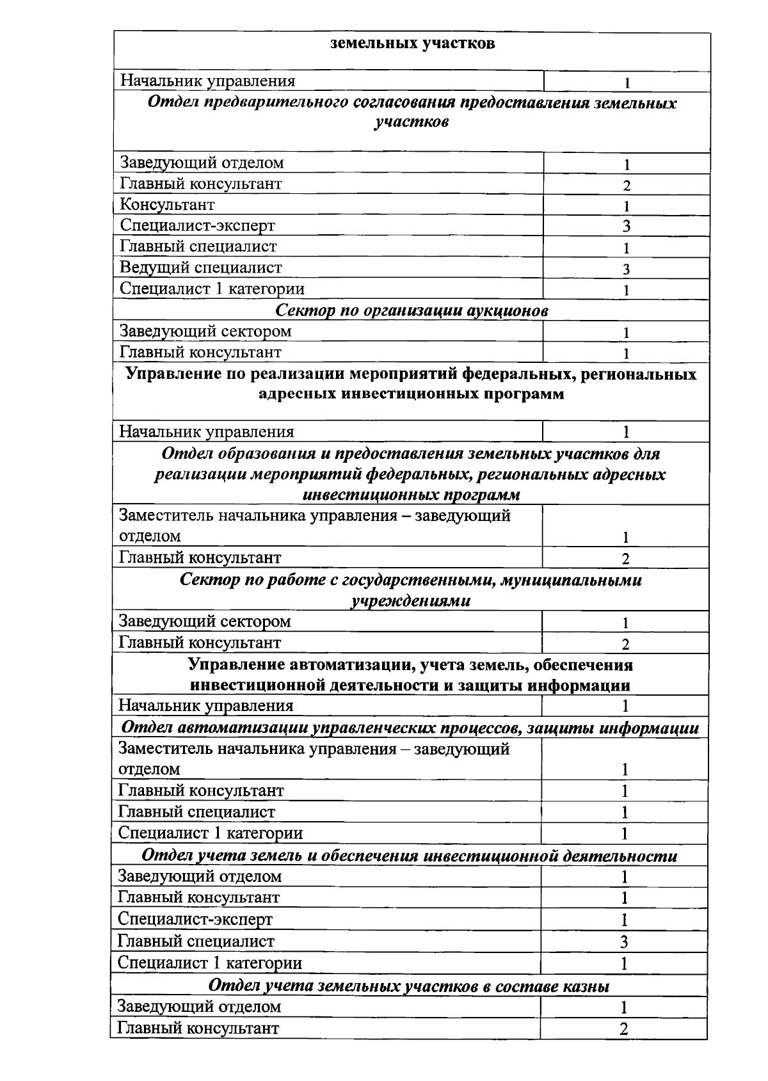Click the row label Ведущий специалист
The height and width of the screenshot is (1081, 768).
pos(200,268)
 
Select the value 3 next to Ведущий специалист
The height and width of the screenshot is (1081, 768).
pos(627,269)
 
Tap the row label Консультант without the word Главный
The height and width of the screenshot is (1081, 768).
pos(167,205)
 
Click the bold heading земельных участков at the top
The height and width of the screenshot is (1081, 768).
pos(412,44)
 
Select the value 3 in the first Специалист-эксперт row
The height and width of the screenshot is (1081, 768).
pos(627,226)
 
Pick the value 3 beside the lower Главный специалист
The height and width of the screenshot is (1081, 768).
pos(624,941)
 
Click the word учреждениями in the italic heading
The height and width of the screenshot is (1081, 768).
pos(410,601)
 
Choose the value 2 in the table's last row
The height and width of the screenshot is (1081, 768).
pos(623,1029)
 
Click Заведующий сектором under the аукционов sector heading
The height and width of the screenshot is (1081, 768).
pos(205,331)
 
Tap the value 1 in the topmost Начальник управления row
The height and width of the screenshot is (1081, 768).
pos(627,83)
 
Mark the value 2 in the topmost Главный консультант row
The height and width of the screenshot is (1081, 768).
pos(627,186)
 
